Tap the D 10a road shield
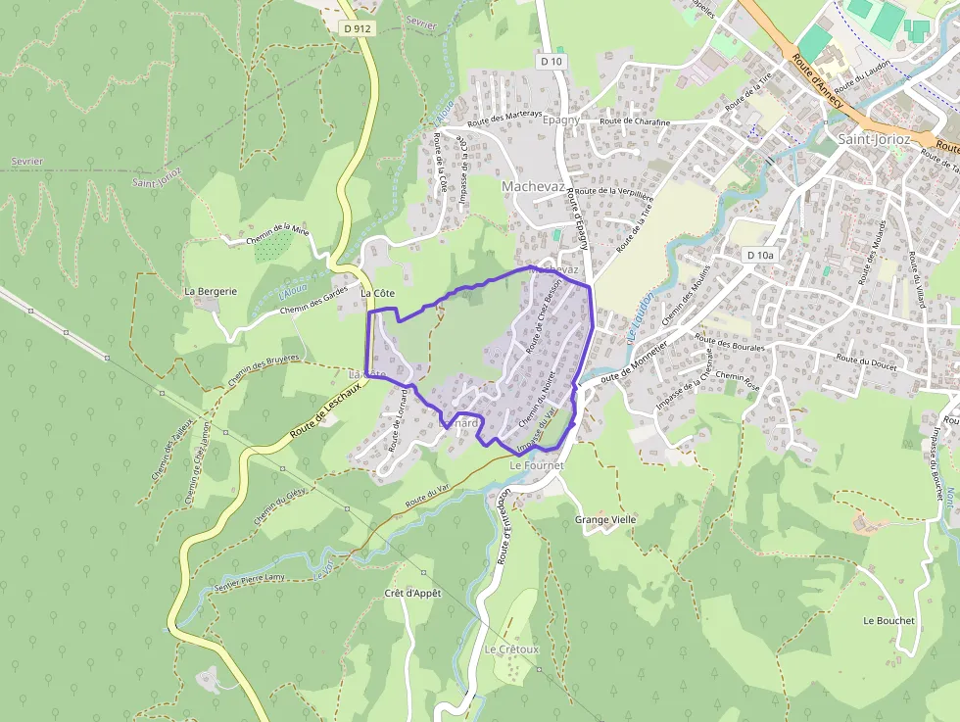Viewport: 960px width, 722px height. (x=759, y=255)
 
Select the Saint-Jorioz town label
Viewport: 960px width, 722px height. (x=874, y=140)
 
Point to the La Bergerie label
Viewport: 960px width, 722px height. (x=211, y=291)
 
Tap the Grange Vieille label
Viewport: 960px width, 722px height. (x=605, y=519)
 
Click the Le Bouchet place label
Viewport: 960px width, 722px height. (x=888, y=620)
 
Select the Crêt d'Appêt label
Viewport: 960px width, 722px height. (x=412, y=594)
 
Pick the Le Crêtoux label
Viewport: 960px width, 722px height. (x=511, y=650)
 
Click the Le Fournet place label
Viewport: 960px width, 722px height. (x=538, y=465)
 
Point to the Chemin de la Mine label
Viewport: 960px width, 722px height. (x=277, y=232)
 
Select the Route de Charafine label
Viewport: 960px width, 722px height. (x=635, y=121)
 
